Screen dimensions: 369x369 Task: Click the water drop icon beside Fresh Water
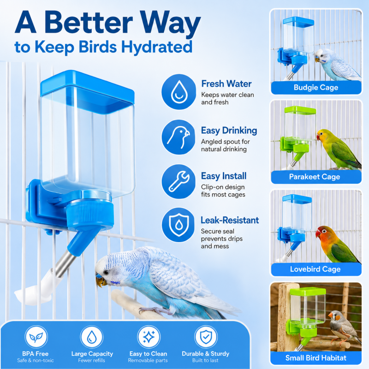(x=179, y=92)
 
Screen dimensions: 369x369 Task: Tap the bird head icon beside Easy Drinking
(x=179, y=137)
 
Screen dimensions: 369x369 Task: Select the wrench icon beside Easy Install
(x=179, y=181)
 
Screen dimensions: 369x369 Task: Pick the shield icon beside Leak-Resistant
(x=179, y=225)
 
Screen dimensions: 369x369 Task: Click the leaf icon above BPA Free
(x=36, y=337)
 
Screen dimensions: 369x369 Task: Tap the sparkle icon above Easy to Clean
(x=149, y=337)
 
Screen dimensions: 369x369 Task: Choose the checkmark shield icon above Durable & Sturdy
(x=206, y=337)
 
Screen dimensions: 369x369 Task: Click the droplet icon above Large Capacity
(x=91, y=337)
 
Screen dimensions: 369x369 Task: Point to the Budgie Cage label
(x=316, y=88)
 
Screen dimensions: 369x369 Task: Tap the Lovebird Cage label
(x=316, y=269)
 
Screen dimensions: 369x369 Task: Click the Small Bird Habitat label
(x=316, y=358)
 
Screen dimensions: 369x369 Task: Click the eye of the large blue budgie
(x=107, y=272)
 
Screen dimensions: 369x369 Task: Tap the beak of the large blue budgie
(x=101, y=281)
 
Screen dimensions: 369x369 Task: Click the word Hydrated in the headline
(x=156, y=47)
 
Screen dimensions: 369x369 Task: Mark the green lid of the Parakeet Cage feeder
(x=300, y=110)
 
